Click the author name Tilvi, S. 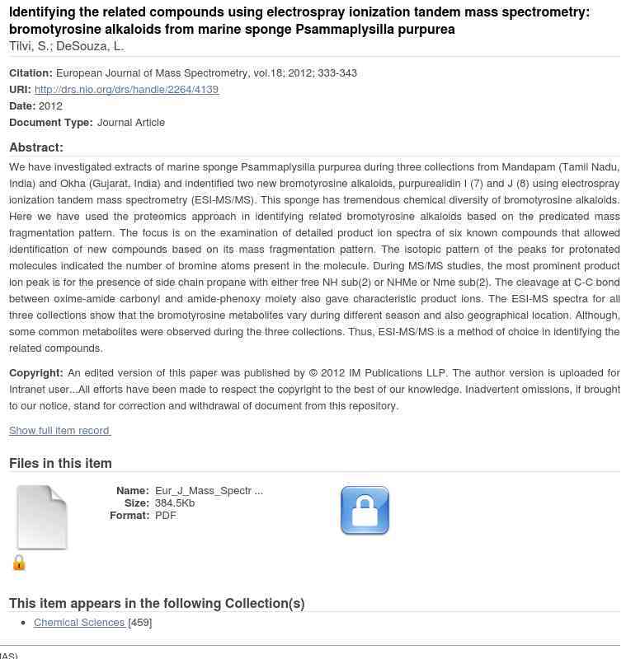[x=29, y=46]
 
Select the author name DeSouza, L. [x=90, y=46]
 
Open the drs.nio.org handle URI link [x=126, y=89]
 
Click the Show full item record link [x=59, y=430]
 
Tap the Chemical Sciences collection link [x=79, y=622]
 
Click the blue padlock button [x=365, y=511]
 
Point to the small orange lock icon [x=19, y=563]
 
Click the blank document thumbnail [x=42, y=517]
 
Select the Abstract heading [x=36, y=147]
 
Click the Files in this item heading [x=60, y=463]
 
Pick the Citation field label [x=31, y=72]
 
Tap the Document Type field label [x=51, y=122]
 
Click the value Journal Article [x=131, y=122]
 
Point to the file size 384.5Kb [x=175, y=502]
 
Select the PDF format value [x=165, y=515]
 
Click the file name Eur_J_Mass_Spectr [x=209, y=490]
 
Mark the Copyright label [x=36, y=372]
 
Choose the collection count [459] [x=140, y=622]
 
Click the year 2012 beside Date [x=50, y=105]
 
